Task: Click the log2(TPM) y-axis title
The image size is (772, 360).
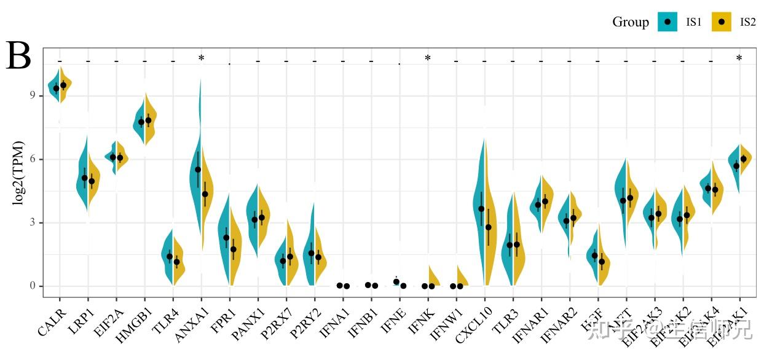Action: click(x=19, y=173)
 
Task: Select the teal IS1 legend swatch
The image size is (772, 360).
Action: click(x=668, y=22)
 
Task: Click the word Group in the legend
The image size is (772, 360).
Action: click(x=630, y=22)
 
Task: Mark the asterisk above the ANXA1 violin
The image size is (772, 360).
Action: click(x=201, y=59)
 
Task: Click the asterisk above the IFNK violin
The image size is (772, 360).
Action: click(x=427, y=59)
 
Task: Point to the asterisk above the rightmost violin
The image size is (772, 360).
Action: click(x=739, y=59)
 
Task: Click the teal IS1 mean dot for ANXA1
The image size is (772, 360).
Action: click(x=198, y=170)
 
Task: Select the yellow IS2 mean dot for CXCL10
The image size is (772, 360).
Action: click(x=488, y=227)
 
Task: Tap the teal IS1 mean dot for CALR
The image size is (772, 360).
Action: click(x=56, y=88)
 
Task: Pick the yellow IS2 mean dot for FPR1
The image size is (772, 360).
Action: click(x=234, y=249)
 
